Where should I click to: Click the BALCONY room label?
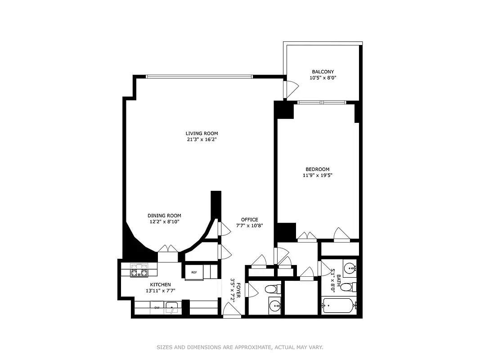coord(323,72)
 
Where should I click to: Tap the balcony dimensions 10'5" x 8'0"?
coord(323,78)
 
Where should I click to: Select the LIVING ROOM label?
coord(202,133)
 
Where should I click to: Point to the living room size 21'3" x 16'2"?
coord(202,139)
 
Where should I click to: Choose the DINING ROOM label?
coord(164,216)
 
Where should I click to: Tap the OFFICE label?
coord(249,220)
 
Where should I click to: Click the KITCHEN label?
coord(160,284)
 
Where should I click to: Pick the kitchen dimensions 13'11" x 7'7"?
coord(160,291)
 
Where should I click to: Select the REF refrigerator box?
coord(194,272)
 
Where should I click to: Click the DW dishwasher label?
coord(157,308)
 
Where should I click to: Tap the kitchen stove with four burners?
coord(139,270)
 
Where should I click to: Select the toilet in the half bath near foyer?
coord(272,288)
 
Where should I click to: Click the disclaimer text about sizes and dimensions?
coord(240,347)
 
